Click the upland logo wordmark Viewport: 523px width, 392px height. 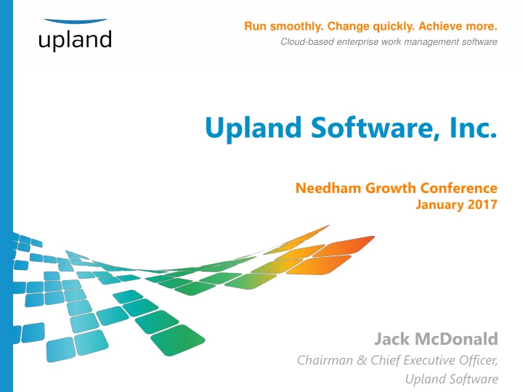pos(75,40)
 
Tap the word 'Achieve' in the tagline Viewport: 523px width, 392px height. pos(426,27)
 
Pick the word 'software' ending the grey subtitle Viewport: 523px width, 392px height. pos(480,42)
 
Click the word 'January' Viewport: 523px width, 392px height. pos(439,205)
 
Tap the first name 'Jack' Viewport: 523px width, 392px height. pos(392,338)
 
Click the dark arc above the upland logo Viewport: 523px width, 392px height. pos(75,22)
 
